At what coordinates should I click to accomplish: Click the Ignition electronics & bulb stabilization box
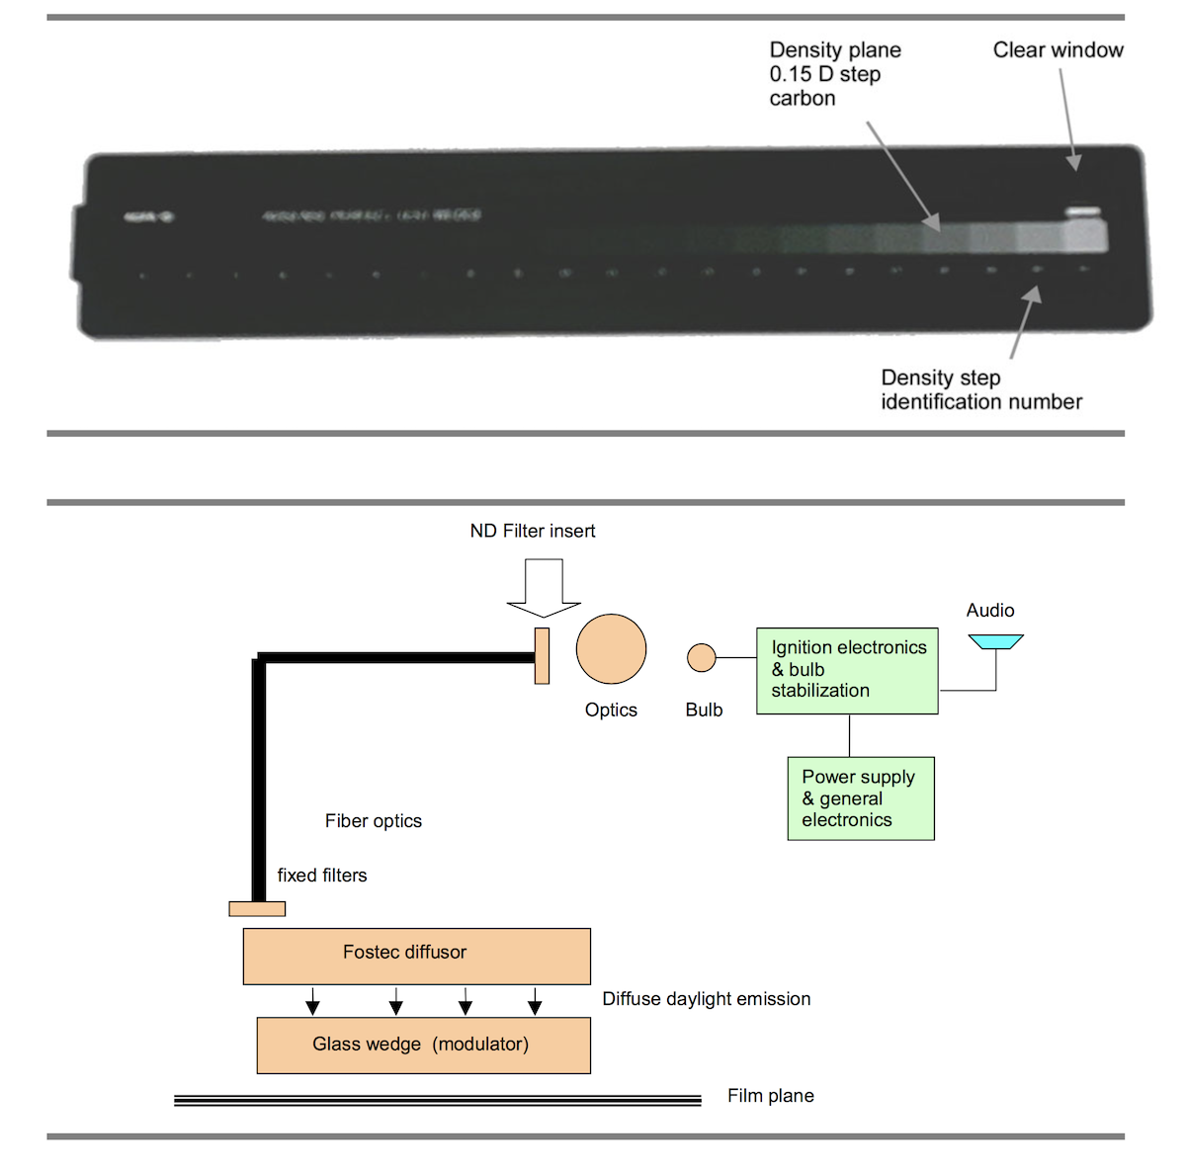point(847,670)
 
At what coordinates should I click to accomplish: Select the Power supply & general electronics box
point(860,798)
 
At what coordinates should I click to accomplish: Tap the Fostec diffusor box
point(416,956)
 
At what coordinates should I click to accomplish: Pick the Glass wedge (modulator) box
point(423,1046)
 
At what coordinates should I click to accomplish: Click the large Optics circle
point(611,649)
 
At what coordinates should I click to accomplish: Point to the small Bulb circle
point(701,657)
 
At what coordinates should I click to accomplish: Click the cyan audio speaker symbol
point(995,642)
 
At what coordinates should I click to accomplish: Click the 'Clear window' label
point(1058,50)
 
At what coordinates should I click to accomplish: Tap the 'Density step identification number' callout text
point(980,389)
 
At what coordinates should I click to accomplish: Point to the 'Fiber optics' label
point(373,821)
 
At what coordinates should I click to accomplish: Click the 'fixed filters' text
point(321,876)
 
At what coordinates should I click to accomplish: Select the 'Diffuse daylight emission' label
point(706,999)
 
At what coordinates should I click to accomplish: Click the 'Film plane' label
point(770,1096)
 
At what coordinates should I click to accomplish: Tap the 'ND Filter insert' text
point(532,532)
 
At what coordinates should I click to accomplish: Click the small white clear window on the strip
point(1082,211)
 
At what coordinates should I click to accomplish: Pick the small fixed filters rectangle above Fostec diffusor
point(257,909)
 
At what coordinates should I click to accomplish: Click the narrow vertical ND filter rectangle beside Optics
point(542,655)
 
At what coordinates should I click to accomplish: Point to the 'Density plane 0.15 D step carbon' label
point(835,74)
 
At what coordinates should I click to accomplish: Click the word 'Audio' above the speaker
point(989,611)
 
